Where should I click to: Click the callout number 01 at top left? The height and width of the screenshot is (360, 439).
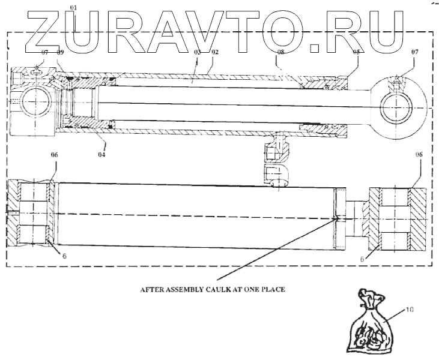coord(74,7)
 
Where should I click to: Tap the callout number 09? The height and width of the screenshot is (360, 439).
coord(60,53)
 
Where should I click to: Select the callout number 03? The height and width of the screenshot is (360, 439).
coord(196,53)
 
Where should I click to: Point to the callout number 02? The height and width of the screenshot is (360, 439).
coord(214,53)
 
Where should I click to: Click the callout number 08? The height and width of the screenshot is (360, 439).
coord(280,53)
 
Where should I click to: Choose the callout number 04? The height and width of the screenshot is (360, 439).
coord(103,154)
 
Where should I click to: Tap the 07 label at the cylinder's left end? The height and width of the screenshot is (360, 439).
coord(44,53)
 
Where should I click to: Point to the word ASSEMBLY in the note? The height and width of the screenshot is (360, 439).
coord(181,288)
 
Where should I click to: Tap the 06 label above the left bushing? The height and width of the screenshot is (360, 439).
coord(54,155)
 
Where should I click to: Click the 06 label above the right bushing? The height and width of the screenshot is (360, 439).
coord(419,155)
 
